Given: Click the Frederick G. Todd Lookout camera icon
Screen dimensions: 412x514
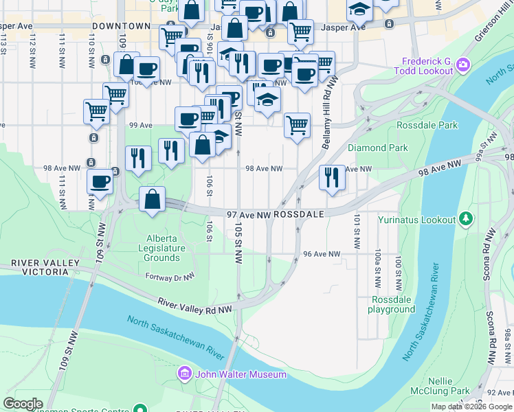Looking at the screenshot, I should (463, 65).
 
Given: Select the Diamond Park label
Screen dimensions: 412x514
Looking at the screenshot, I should (377, 148).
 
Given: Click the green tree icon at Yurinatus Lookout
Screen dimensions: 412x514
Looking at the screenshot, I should (467, 219).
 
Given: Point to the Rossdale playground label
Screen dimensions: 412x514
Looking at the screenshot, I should (393, 304).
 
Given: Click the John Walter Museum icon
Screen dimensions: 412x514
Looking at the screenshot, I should (184, 374).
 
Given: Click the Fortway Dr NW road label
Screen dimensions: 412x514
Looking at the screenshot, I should (170, 276).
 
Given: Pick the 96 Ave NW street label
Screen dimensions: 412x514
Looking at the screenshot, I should (322, 254).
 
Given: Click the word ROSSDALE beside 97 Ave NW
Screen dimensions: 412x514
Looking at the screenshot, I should (298, 215).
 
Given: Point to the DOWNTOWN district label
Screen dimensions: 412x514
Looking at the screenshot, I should (121, 25).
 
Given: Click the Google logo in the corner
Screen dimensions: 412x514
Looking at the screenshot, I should (23, 404).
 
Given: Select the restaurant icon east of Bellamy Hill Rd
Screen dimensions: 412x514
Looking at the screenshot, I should (332, 177).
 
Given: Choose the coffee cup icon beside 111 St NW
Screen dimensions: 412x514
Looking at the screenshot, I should (100, 182).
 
